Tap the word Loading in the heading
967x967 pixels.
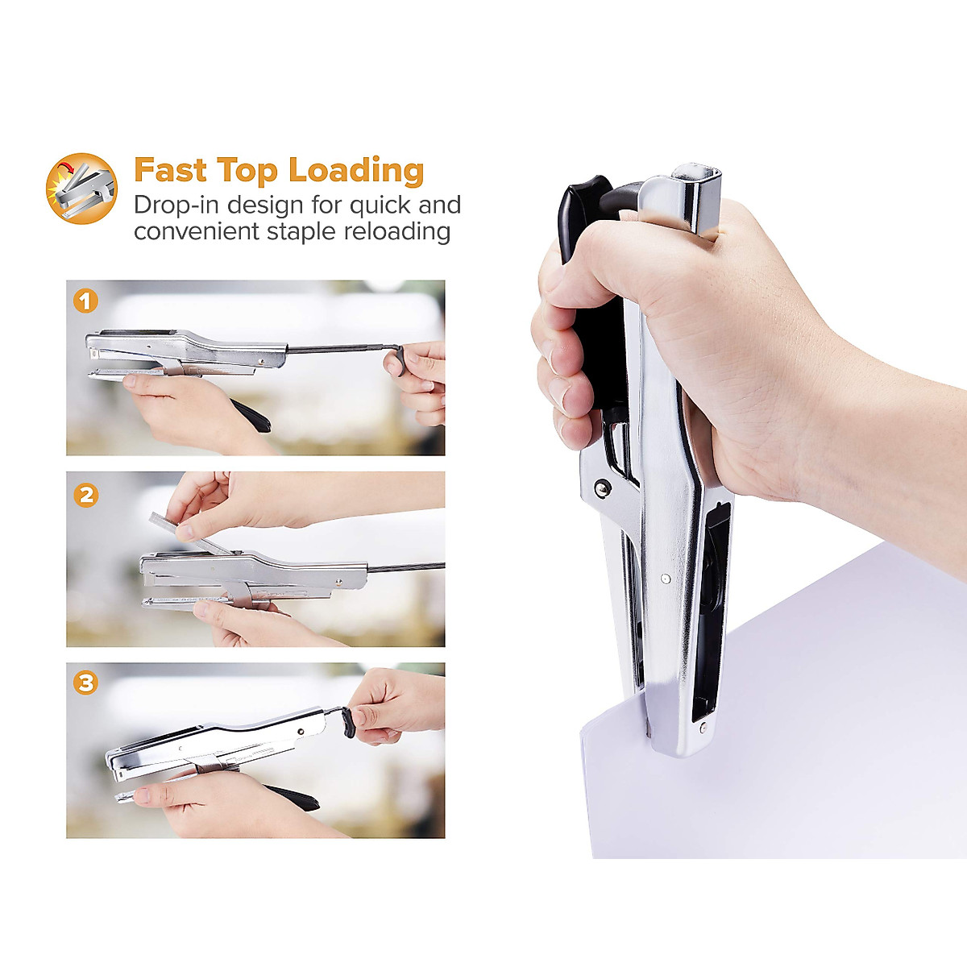355,172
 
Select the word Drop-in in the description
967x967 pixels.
176,205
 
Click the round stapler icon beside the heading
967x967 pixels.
81,189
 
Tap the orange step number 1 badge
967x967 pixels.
85,301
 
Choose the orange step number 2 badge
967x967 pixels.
85,494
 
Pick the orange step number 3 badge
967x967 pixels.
85,683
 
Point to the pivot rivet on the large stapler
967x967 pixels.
601,486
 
